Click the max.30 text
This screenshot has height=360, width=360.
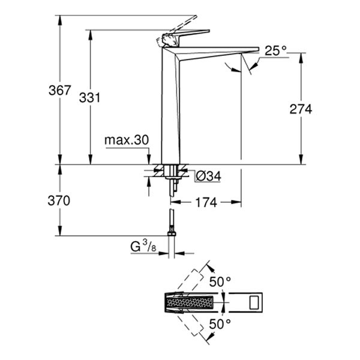click(126, 140)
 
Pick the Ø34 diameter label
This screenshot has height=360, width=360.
click(209, 176)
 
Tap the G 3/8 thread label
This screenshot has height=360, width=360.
click(145, 245)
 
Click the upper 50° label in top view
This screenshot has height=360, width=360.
click(220, 280)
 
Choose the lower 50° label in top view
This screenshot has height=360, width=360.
click(220, 324)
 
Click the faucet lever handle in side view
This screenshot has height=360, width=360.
click(186, 34)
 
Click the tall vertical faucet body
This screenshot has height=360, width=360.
click(171, 108)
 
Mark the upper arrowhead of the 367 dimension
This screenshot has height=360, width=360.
click(60, 18)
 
